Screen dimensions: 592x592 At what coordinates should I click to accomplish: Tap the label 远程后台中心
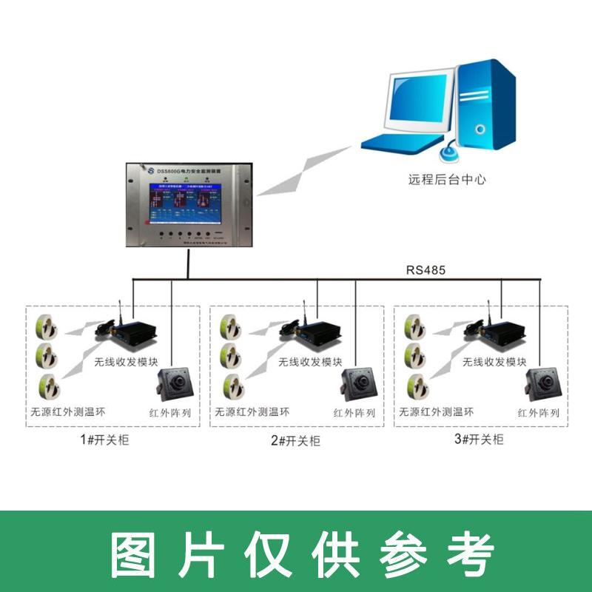[x=447, y=178]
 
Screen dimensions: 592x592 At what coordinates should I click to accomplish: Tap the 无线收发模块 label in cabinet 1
[x=126, y=363]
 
